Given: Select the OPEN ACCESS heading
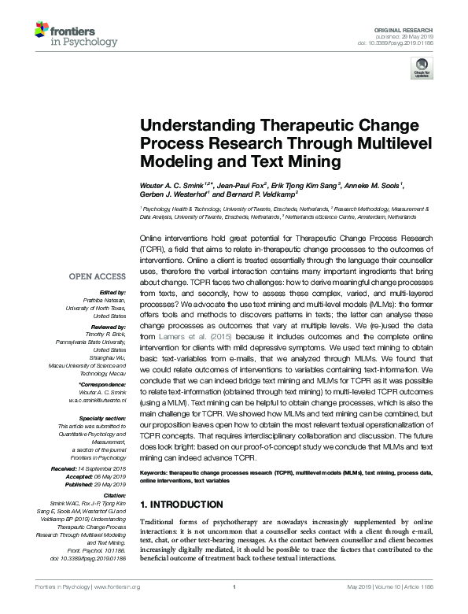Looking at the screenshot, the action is pyautogui.click(x=97, y=276).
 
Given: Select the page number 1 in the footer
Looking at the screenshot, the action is pyautogui.click(x=234, y=608).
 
